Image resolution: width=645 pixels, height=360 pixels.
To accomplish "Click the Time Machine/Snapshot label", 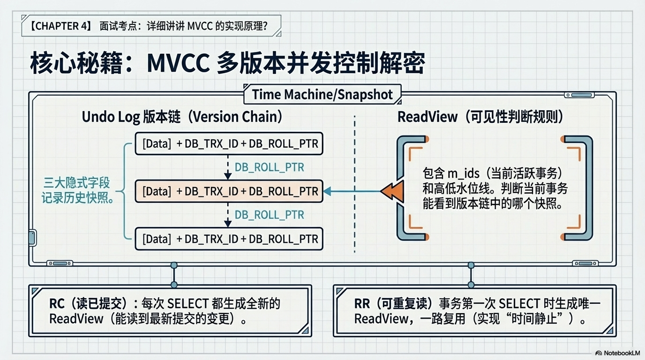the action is tap(322, 95).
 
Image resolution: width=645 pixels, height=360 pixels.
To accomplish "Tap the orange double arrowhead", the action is tap(392, 191).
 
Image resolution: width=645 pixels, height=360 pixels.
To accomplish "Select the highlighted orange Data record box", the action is tap(229, 191).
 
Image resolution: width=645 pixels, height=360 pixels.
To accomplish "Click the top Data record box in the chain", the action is tap(229, 143).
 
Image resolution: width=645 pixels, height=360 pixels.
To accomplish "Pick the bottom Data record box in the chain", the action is tap(229, 239).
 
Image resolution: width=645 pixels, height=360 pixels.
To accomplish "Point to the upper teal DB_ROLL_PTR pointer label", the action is tap(269, 167).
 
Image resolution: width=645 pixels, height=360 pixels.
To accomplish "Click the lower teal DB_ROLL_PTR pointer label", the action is tap(269, 215).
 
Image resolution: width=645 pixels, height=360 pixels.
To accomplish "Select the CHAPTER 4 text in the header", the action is tap(60, 26).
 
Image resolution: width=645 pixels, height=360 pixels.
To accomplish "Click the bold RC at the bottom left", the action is tap(57, 304).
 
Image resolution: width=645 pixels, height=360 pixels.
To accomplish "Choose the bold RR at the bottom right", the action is tap(362, 304).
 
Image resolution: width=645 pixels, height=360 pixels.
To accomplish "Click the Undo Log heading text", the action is tap(111, 117).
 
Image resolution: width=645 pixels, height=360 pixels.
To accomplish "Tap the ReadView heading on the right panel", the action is tap(427, 117).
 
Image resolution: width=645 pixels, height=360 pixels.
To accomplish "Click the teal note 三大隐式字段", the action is tap(76, 183).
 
